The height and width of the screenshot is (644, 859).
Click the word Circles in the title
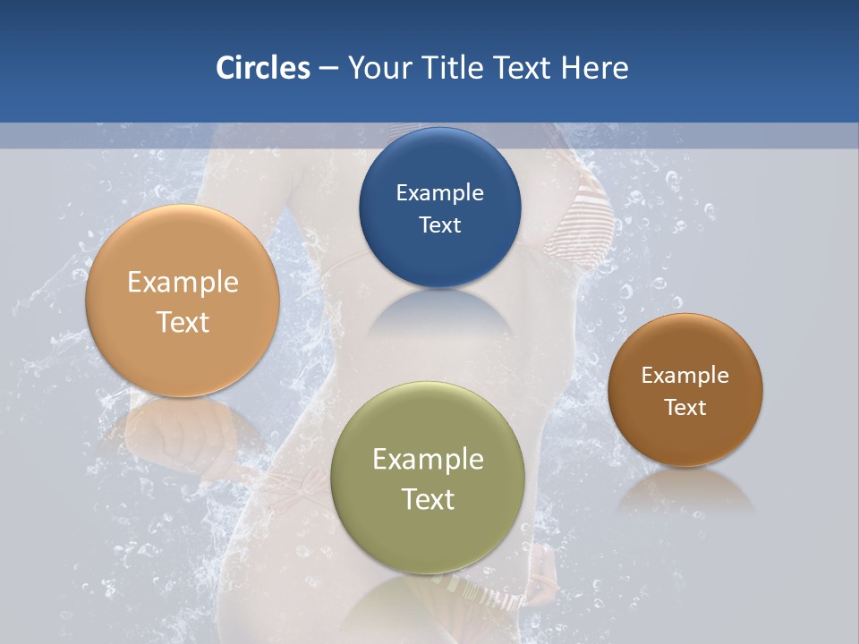[x=262, y=68]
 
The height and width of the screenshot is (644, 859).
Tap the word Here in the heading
[x=594, y=68]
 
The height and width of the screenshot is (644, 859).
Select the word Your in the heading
[x=376, y=68]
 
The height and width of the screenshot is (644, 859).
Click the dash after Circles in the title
[x=327, y=69]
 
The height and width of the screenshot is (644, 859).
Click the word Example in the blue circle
[x=439, y=192]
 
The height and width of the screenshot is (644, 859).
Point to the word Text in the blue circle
[x=439, y=225]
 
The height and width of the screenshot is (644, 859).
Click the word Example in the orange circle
[x=183, y=283]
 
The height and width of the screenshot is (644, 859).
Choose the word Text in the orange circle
[x=183, y=322]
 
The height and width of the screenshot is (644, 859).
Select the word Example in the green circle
[x=428, y=460]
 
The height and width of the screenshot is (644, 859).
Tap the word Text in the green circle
[x=428, y=499]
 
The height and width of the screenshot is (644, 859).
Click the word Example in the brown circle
[x=685, y=375]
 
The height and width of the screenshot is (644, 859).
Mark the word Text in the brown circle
[x=685, y=407]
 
